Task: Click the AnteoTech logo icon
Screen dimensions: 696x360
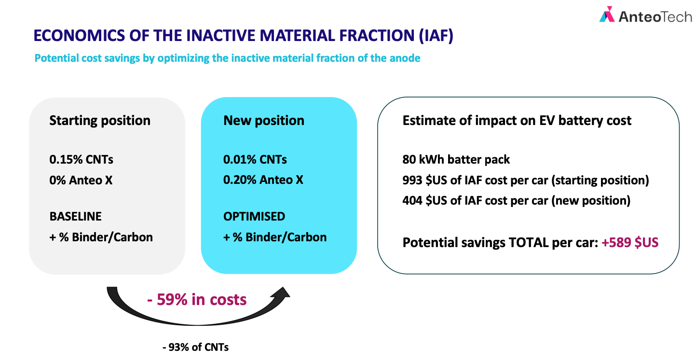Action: tap(607, 14)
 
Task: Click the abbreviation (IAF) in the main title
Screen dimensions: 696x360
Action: tap(436, 35)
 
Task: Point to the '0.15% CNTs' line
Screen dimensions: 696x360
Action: tap(81, 159)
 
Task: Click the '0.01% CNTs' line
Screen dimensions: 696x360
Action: tap(255, 159)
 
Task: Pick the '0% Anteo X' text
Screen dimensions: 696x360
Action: tap(81, 180)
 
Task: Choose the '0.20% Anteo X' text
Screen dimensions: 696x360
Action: tap(263, 180)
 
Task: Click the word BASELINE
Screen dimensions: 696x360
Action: tap(76, 216)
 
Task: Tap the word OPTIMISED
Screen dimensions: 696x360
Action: tap(254, 216)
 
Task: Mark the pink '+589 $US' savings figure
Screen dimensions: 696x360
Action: tap(630, 242)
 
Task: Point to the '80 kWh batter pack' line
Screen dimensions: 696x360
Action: tap(456, 159)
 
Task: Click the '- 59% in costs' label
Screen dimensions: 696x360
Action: tap(197, 300)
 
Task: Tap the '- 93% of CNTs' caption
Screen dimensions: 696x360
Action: tap(196, 347)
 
